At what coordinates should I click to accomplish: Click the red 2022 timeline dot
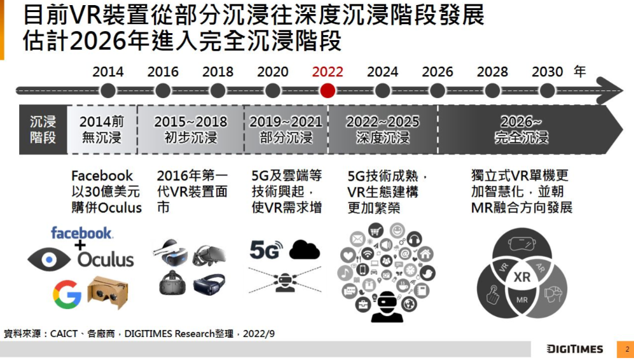(x=327, y=91)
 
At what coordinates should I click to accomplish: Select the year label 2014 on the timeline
(x=108, y=72)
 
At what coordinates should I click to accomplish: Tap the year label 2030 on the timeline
(x=547, y=72)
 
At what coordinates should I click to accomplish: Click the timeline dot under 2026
(x=438, y=91)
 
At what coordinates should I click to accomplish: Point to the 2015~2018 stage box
(x=191, y=130)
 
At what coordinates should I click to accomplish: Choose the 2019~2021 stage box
(x=286, y=130)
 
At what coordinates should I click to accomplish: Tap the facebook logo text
(x=82, y=233)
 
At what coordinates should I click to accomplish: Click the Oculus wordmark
(x=106, y=260)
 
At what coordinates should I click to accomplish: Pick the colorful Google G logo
(x=67, y=294)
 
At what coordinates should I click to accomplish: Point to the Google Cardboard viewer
(x=107, y=292)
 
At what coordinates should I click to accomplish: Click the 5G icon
(x=266, y=251)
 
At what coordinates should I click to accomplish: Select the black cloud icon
(x=305, y=250)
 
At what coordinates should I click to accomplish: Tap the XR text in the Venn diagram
(x=521, y=277)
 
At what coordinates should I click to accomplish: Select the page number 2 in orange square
(x=626, y=349)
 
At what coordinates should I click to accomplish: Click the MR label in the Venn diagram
(x=522, y=299)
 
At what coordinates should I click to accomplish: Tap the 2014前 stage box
(x=102, y=130)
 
